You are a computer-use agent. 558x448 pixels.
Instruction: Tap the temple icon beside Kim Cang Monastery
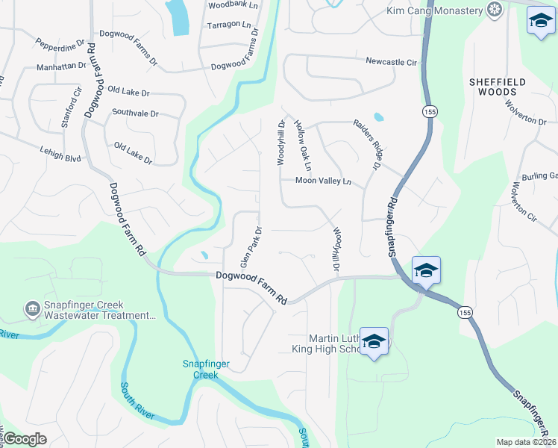pyautogui.click(x=493, y=10)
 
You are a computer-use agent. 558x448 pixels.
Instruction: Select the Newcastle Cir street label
pyautogui.click(x=390, y=62)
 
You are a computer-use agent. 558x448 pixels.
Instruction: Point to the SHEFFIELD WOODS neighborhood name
pyautogui.click(x=498, y=87)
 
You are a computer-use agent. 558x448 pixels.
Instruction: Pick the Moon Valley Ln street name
pyautogui.click(x=323, y=181)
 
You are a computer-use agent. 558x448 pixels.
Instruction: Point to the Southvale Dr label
pyautogui.click(x=135, y=113)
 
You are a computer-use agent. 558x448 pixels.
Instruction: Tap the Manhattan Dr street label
pyautogui.click(x=61, y=66)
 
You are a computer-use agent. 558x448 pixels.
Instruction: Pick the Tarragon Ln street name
pyautogui.click(x=230, y=25)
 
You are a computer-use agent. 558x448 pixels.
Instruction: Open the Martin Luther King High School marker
pyautogui.click(x=374, y=341)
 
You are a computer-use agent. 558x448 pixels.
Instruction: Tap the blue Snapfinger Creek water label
pyautogui.click(x=201, y=369)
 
